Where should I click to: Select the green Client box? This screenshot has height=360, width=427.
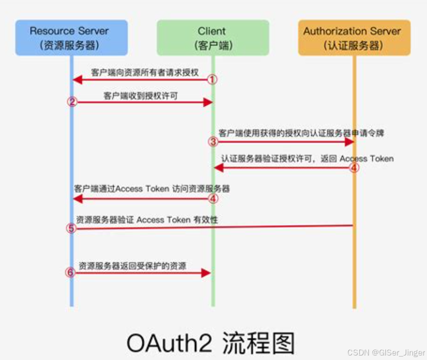212,38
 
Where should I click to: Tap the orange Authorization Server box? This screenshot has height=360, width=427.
354,38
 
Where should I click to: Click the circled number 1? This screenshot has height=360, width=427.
212,79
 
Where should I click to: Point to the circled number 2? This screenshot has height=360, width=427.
72,102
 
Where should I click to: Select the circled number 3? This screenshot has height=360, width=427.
212,142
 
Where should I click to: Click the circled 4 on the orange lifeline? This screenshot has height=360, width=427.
354,167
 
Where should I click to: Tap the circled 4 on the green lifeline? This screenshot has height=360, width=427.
212,199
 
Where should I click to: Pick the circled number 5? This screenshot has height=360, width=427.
72,228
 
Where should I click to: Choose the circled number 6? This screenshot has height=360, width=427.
72,272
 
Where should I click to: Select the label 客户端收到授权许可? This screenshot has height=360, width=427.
140,95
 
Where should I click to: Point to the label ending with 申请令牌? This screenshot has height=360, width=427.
302,134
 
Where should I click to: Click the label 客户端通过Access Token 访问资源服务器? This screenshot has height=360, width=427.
151,189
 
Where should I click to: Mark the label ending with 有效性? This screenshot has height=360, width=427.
147,220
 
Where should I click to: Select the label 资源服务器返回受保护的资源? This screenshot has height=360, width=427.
132,266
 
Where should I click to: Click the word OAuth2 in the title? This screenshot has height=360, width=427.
168,342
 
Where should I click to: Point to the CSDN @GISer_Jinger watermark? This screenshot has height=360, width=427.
385,352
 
